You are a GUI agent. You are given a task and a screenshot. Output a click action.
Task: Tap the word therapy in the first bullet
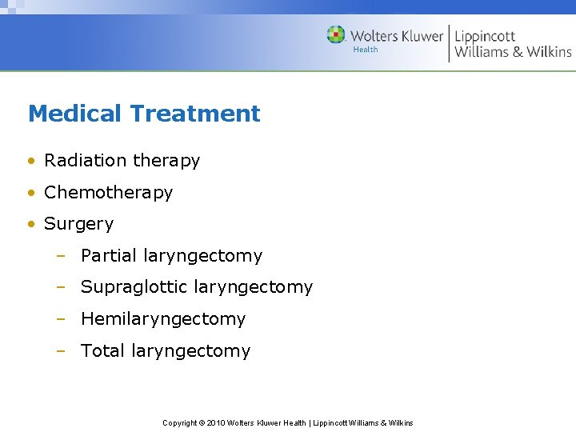166,162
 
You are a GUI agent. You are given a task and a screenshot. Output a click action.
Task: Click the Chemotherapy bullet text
108,193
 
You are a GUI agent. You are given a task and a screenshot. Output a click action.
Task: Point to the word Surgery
78,225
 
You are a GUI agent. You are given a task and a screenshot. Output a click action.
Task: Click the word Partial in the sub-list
109,256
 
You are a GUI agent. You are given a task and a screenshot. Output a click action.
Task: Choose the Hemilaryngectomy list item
162,319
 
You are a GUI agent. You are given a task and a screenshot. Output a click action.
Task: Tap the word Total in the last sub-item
102,350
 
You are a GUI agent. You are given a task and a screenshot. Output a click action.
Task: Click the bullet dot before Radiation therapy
30,162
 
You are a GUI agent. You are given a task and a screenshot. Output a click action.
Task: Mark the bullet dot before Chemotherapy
30,193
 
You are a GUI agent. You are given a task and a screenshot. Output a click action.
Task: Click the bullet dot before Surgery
30,225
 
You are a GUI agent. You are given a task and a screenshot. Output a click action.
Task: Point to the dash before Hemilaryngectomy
61,319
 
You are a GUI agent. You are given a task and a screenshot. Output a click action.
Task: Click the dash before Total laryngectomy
61,351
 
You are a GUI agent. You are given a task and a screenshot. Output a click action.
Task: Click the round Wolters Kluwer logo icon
336,35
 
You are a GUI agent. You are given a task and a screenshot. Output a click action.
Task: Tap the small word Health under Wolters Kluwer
365,50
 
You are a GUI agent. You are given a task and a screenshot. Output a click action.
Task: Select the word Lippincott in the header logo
485,36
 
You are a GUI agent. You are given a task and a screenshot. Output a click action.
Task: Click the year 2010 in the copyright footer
215,423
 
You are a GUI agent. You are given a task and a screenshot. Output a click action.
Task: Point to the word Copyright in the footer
179,423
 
